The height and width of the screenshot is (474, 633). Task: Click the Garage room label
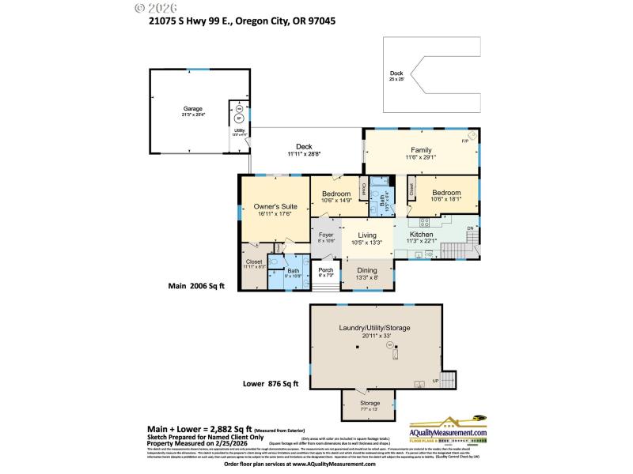click(x=193, y=108)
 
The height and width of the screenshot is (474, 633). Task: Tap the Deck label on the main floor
click(x=304, y=146)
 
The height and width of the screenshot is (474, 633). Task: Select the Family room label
click(x=420, y=149)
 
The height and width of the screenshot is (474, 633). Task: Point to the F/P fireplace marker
click(x=465, y=141)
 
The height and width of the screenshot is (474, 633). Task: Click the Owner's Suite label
click(x=275, y=206)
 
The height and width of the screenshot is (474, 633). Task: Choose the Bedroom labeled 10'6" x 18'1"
click(x=446, y=192)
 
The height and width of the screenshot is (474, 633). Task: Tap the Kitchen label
click(x=420, y=235)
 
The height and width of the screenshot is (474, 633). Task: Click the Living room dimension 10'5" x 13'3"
click(x=366, y=243)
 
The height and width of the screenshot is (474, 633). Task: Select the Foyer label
click(x=325, y=235)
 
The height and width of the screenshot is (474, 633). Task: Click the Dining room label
click(x=367, y=269)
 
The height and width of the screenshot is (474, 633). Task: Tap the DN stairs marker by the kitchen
click(x=468, y=228)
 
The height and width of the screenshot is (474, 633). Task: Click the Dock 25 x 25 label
click(x=396, y=73)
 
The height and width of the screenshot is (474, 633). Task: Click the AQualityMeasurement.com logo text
click(x=448, y=434)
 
